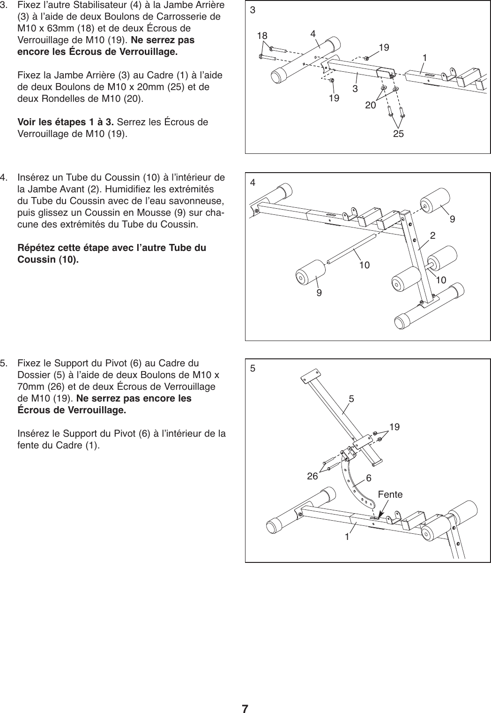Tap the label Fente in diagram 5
point(390,494)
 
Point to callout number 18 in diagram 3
point(263,35)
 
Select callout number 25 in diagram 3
point(398,134)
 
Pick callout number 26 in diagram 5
point(312,477)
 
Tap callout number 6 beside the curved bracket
point(369,478)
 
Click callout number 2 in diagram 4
point(433,235)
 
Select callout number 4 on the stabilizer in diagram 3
point(312,34)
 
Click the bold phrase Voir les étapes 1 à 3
point(66,123)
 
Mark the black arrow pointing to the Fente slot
point(383,510)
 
